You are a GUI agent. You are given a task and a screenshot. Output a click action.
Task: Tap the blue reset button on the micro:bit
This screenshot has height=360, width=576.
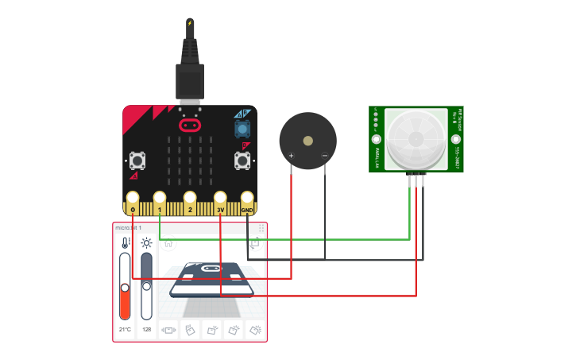pyautogui.click(x=242, y=129)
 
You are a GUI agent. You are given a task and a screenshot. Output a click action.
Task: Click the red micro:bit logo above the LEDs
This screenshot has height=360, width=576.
pyautogui.click(x=189, y=125)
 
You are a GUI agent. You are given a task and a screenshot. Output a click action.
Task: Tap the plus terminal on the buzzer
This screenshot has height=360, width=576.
pyautogui.click(x=292, y=156)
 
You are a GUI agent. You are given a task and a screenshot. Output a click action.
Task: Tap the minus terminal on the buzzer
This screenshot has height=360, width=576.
pyautogui.click(x=324, y=156)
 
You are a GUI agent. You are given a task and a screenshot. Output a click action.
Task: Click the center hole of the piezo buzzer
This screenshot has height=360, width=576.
pyautogui.click(x=308, y=140)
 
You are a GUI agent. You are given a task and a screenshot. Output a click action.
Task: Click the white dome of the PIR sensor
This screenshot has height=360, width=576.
pyautogui.click(x=416, y=138)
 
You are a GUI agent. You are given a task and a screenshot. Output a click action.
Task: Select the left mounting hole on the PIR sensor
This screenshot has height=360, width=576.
pyautogui.click(x=377, y=139)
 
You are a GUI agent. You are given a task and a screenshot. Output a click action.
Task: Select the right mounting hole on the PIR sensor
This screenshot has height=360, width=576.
pyautogui.click(x=456, y=139)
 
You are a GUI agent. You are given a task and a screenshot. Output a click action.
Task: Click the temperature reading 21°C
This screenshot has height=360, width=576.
pyautogui.click(x=125, y=329)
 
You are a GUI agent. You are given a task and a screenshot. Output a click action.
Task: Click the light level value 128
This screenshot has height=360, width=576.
pyautogui.click(x=146, y=329)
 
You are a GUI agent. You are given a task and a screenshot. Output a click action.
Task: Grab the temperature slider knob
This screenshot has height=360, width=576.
pyautogui.click(x=125, y=288)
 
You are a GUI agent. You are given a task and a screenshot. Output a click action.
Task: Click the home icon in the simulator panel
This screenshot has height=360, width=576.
pyautogui.click(x=168, y=243)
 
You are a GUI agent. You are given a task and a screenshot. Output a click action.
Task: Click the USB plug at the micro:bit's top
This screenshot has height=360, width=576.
pyautogui.click(x=190, y=79)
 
